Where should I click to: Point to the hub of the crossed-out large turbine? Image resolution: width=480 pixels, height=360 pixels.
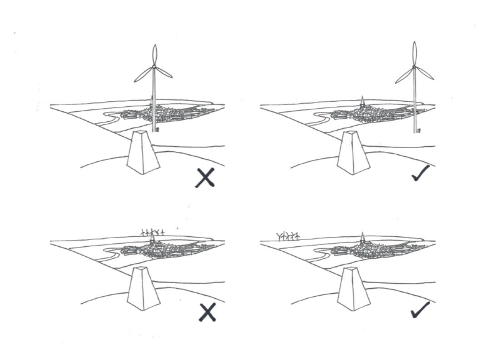click(x=154, y=70)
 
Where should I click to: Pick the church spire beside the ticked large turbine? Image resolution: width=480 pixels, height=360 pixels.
click(x=362, y=101)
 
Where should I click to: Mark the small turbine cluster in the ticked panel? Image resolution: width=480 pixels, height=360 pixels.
click(x=288, y=236)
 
